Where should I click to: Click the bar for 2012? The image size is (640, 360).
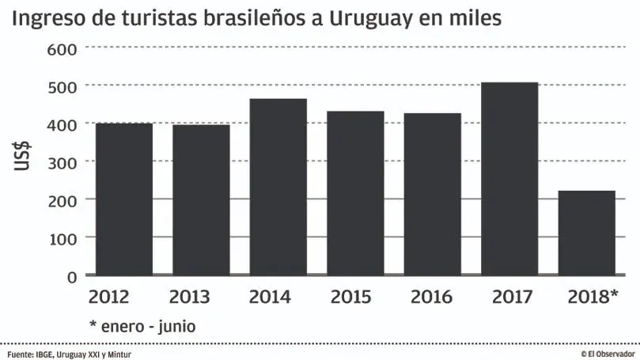pyautogui.click(x=123, y=199)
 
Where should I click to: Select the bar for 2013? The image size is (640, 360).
pyautogui.click(x=201, y=199)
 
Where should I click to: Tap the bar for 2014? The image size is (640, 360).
pyautogui.click(x=278, y=187)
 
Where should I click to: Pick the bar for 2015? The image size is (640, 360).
pyautogui.click(x=355, y=193)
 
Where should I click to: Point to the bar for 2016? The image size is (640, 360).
pyautogui.click(x=432, y=194)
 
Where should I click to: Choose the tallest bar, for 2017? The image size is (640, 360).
pyautogui.click(x=509, y=179)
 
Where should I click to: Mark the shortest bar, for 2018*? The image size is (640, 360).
pyautogui.click(x=586, y=233)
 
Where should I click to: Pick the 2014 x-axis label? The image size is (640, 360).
pyautogui.click(x=270, y=297)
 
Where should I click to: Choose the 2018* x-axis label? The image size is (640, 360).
pyautogui.click(x=593, y=297)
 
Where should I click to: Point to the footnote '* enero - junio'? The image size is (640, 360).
pyautogui.click(x=142, y=325)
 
